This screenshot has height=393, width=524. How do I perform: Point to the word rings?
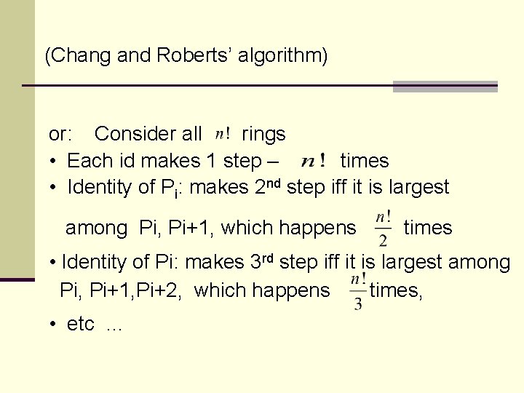[263, 134]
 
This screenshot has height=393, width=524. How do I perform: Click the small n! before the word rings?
[223, 134]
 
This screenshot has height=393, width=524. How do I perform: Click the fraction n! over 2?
[383, 228]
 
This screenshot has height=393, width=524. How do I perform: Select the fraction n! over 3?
[358, 291]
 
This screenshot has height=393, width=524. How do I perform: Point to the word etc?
[81, 324]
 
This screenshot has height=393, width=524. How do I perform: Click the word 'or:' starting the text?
[60, 134]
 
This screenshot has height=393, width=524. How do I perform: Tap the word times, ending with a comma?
[396, 290]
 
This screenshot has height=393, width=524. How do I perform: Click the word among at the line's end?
[480, 262]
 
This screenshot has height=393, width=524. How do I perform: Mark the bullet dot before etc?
[54, 325]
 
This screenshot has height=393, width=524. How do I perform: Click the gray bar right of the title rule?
[445, 86]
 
